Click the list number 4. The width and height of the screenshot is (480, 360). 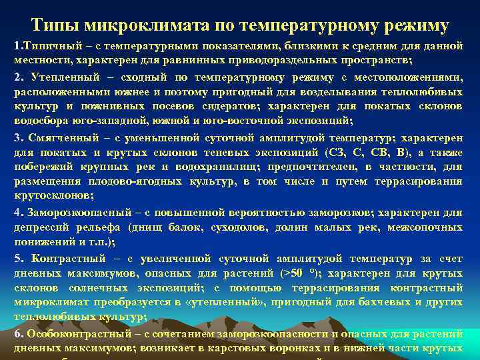point(18,213)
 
